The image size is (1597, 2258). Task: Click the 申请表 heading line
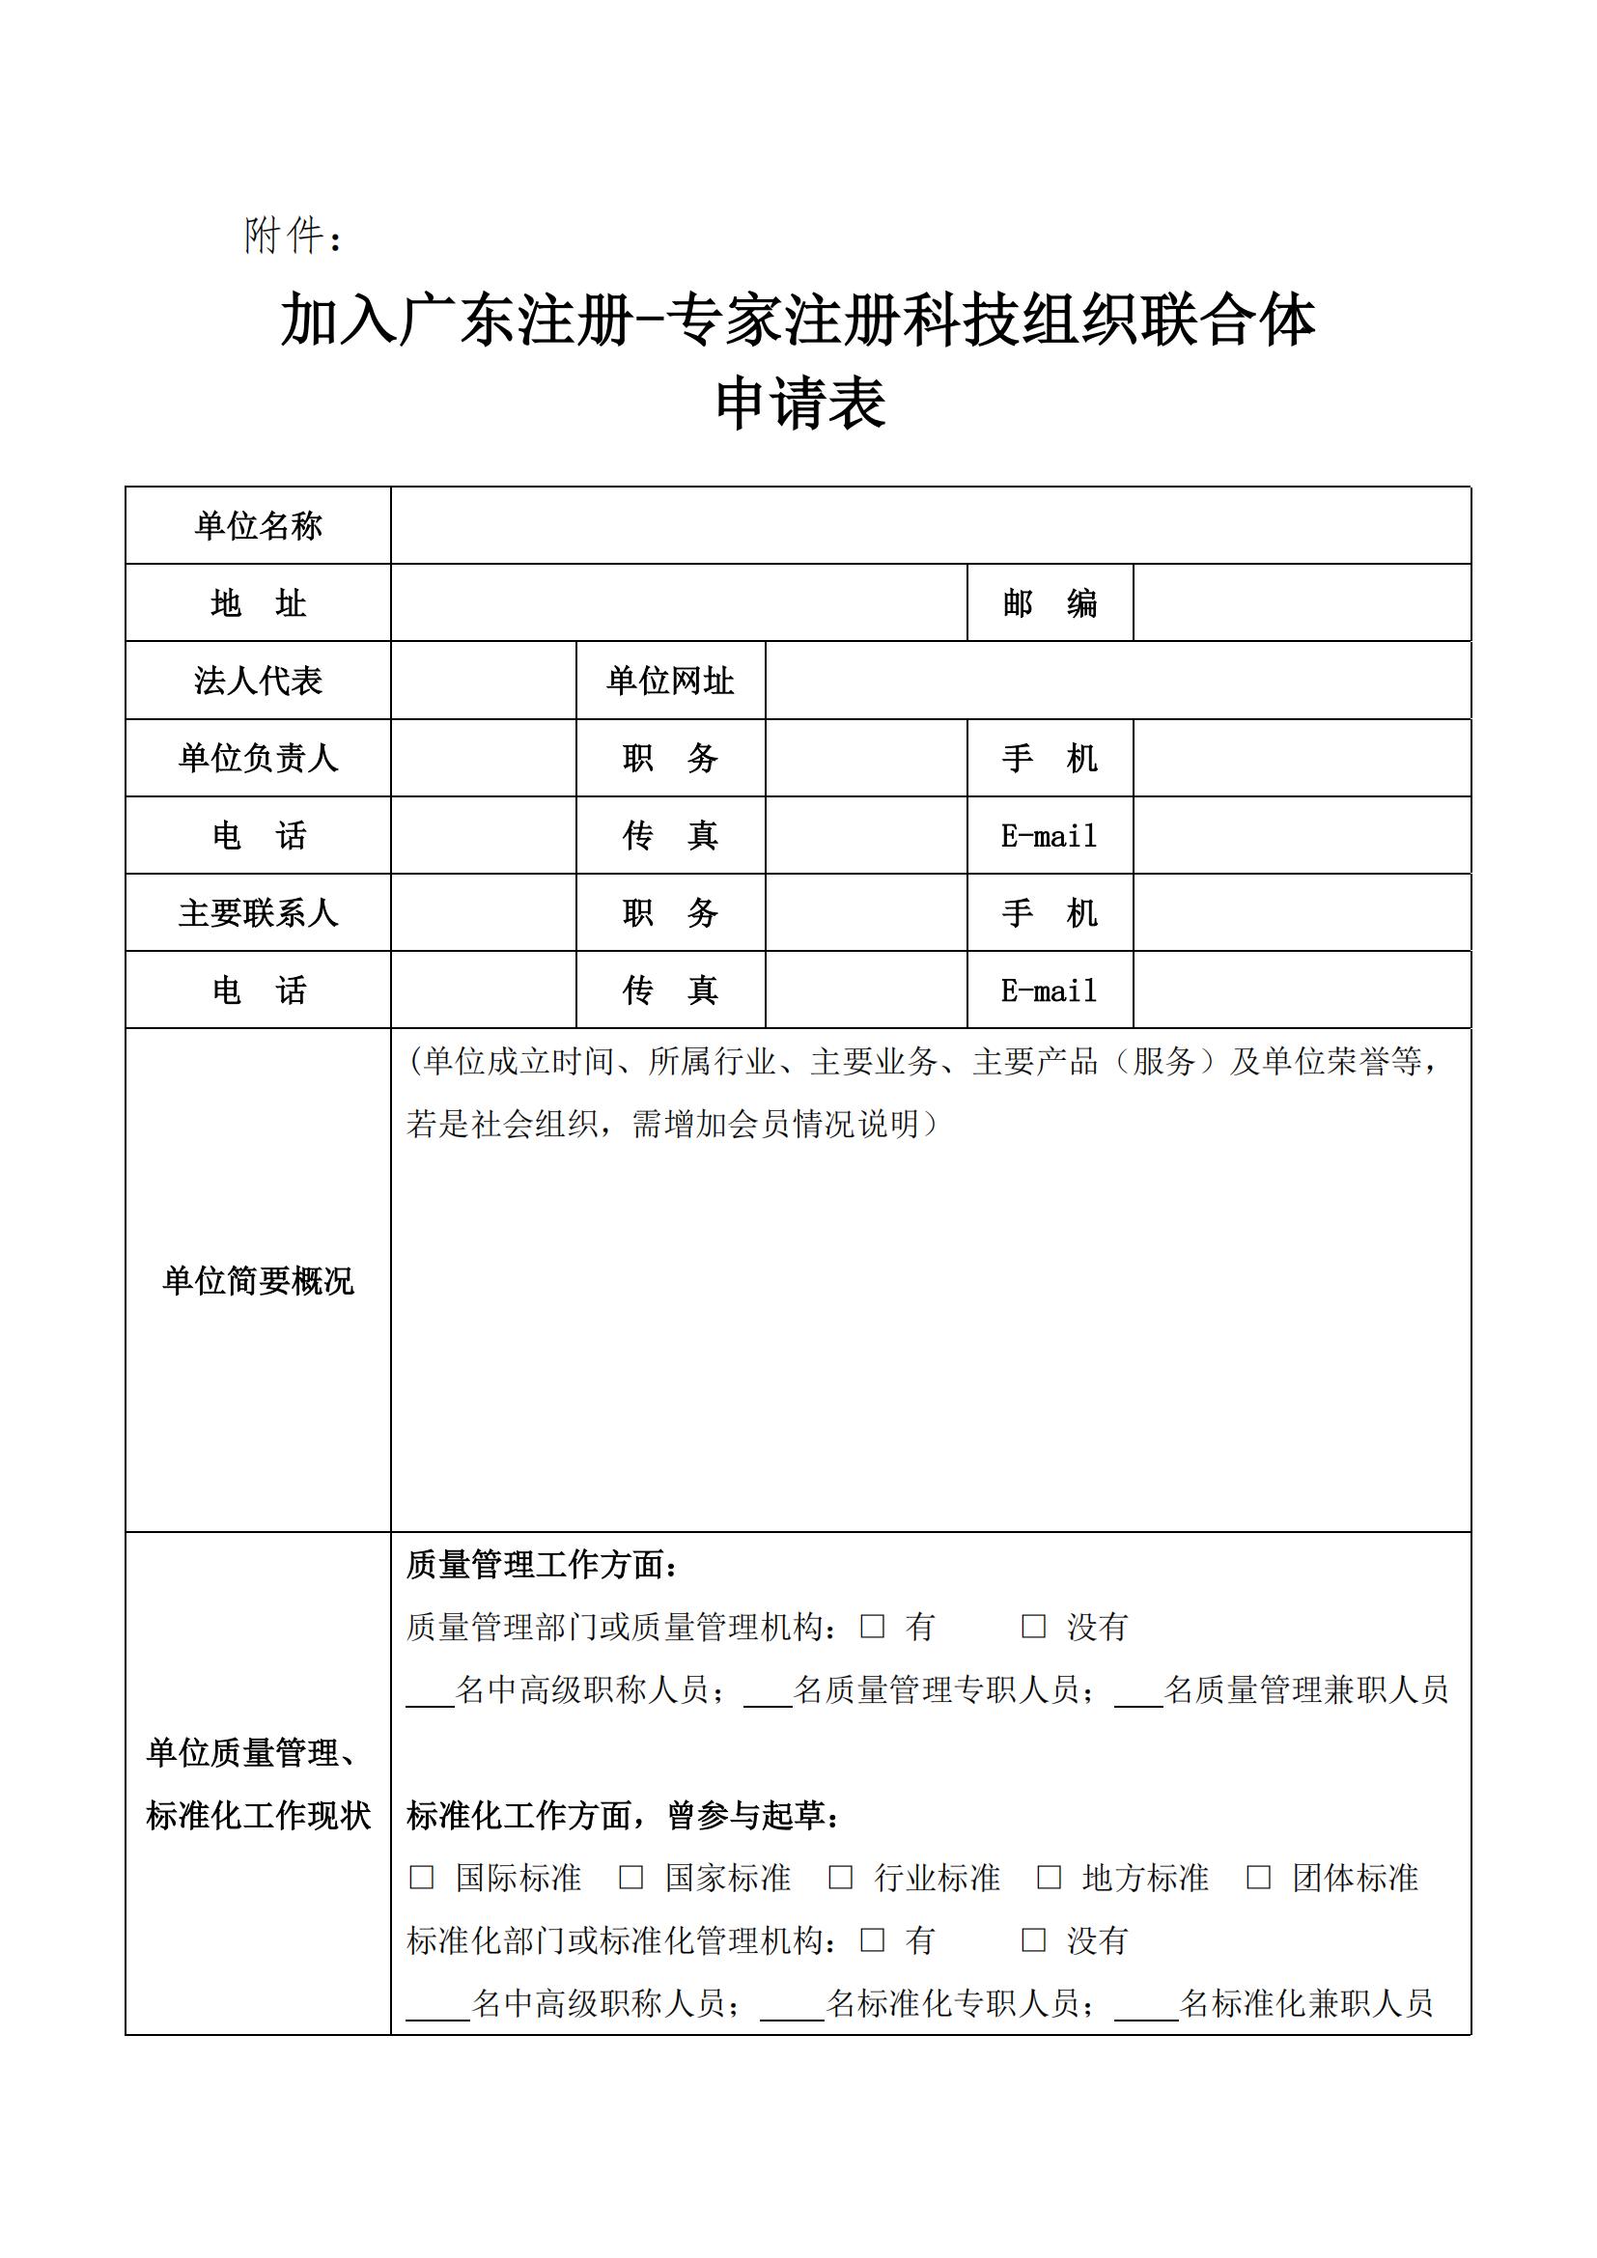point(800,404)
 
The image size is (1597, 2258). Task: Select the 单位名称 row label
point(258,526)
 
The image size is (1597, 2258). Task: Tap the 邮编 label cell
point(1050,602)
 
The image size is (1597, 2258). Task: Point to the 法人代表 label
point(258,681)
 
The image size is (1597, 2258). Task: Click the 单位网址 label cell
point(670,681)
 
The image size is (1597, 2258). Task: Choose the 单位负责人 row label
point(258,758)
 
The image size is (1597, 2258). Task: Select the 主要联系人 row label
point(258,913)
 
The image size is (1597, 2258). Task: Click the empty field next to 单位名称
point(929,526)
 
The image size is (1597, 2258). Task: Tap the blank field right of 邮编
point(1301,602)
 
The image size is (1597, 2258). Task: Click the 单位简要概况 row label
point(258,1281)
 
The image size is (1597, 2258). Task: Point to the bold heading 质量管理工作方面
point(542,1565)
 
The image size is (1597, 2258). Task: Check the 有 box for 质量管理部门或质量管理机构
point(872,1627)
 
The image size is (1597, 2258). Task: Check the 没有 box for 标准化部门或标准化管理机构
point(1033,1940)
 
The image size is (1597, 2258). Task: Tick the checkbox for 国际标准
point(421,1878)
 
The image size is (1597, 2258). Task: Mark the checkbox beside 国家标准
point(630,1878)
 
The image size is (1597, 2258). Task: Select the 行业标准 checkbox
point(840,1878)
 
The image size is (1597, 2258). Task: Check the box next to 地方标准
point(1050,1878)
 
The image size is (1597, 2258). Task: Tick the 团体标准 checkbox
point(1259,1878)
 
